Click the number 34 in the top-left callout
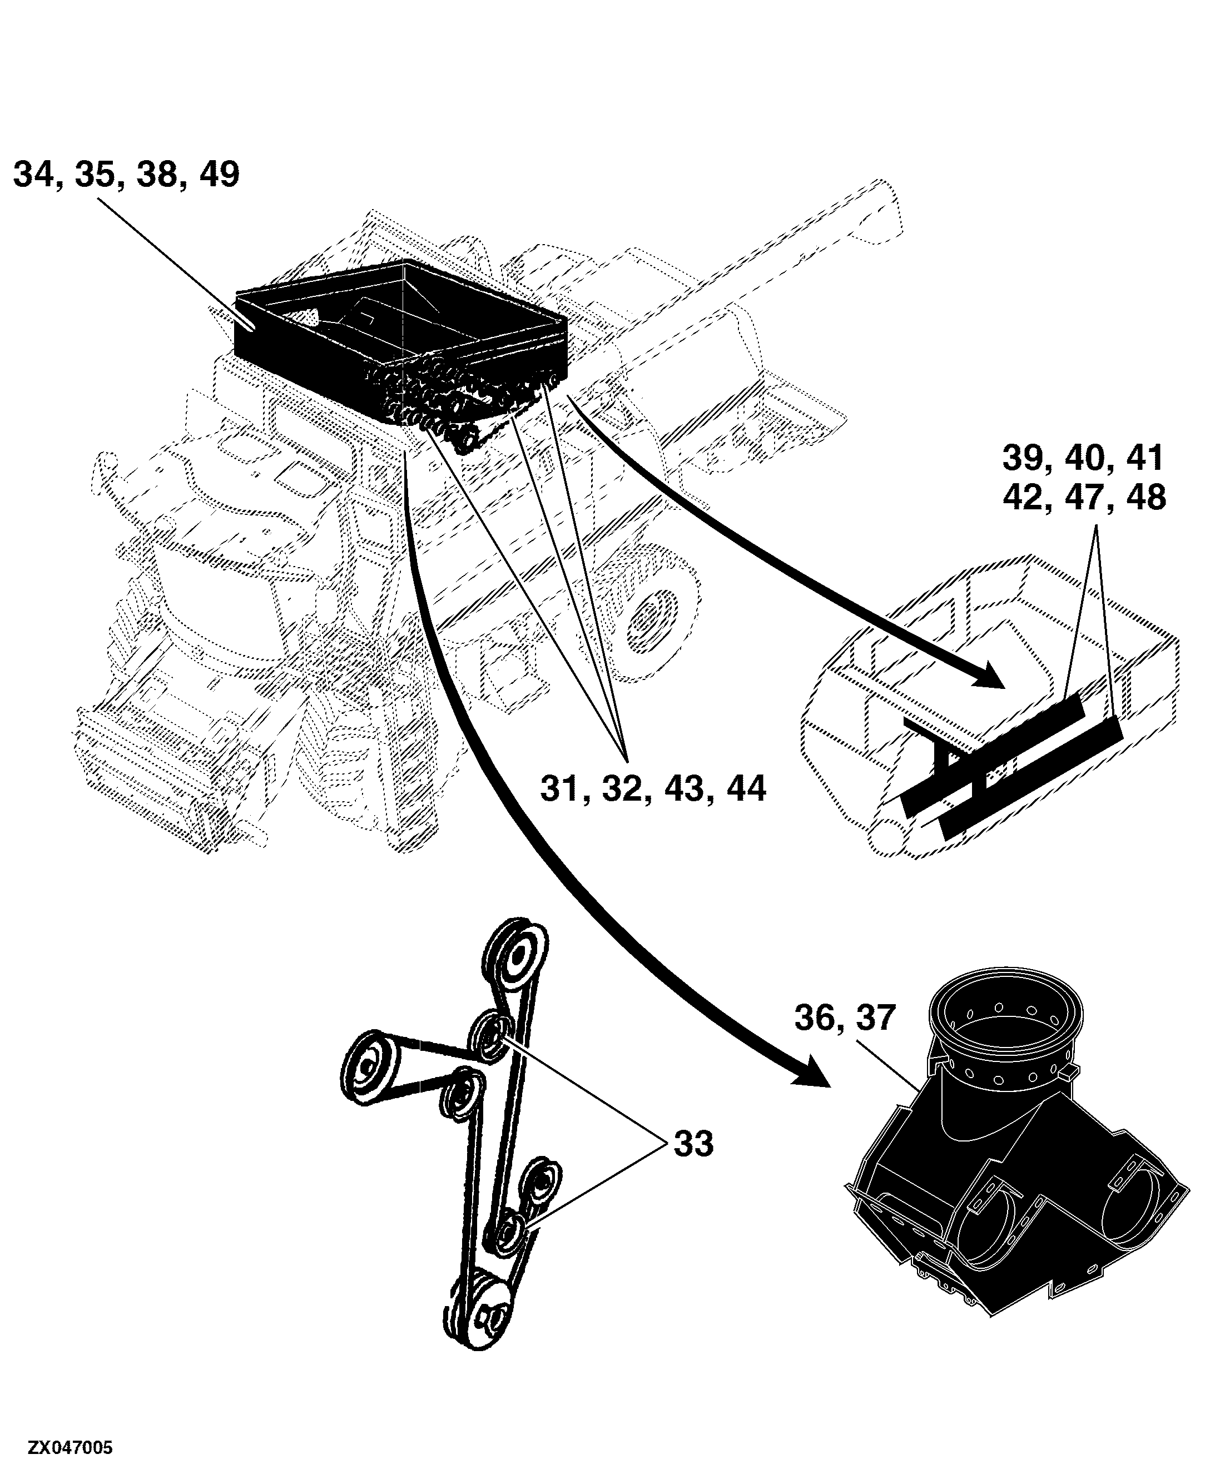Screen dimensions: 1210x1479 (33, 174)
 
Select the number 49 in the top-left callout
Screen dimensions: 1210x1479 (219, 174)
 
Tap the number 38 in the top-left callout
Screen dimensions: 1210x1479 (157, 174)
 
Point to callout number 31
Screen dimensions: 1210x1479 (561, 790)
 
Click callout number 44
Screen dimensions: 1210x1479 (746, 790)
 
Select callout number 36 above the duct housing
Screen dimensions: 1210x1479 (815, 1018)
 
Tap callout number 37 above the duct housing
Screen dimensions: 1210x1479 (875, 1018)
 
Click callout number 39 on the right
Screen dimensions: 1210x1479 (1023, 458)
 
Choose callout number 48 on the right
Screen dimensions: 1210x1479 (1146, 498)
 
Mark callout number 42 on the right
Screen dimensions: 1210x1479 (1023, 498)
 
